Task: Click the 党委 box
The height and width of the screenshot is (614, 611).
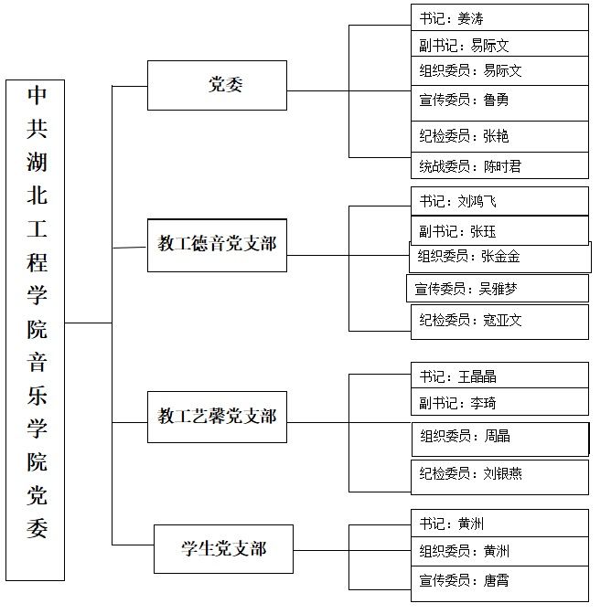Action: pos(217,85)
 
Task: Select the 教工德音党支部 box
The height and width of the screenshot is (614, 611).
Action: pos(217,246)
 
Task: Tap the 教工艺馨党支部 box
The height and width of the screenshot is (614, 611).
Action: pos(217,417)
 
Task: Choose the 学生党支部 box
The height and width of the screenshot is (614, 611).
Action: pos(223,549)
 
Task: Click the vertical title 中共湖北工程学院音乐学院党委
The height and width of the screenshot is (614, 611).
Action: pos(38,312)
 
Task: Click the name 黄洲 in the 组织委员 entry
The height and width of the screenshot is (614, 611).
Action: pos(497,551)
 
